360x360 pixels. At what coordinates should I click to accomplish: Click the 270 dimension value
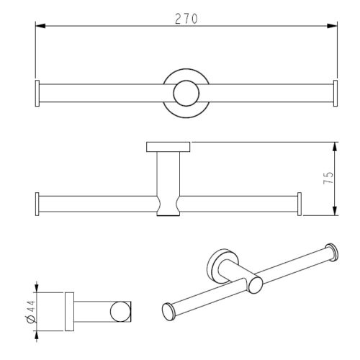(186, 19)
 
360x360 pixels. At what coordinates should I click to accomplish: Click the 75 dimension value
(328, 178)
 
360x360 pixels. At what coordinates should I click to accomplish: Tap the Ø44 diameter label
(31, 312)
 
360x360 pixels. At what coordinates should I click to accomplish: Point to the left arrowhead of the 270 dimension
(40, 26)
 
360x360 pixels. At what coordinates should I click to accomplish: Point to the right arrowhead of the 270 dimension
(333, 26)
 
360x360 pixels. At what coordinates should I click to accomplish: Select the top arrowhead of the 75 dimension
(336, 147)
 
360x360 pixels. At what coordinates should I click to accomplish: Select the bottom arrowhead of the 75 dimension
(336, 210)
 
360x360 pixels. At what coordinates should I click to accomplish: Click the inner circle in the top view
(186, 93)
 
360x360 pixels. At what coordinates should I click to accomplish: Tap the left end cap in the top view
(37, 93)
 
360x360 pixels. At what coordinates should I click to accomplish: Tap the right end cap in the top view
(336, 93)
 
